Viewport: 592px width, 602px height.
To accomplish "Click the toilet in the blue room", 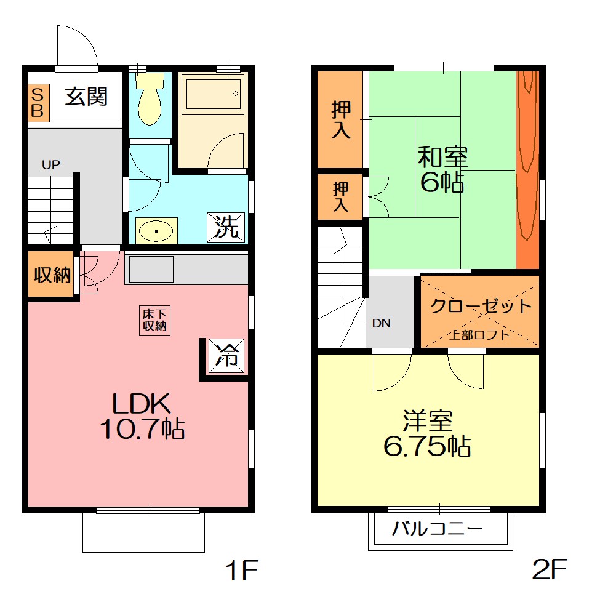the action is [150, 98].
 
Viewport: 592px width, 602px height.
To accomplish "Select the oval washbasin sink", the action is [156, 231].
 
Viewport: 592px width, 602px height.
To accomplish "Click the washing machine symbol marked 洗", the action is [226, 227].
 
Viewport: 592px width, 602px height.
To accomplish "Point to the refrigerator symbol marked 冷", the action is [226, 356].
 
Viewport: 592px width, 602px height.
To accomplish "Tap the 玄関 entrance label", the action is [86, 97].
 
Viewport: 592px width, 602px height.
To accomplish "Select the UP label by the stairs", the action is [50, 165].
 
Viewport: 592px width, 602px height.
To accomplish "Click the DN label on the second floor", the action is [381, 324].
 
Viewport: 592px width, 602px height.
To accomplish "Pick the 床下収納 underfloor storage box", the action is [154, 321].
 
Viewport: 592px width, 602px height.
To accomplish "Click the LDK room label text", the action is [142, 404].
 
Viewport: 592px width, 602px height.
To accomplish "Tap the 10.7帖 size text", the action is [142, 429].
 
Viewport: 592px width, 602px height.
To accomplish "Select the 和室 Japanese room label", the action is [442, 156].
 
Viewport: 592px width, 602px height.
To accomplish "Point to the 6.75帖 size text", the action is [427, 446].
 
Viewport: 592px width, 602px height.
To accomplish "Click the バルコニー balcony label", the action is [437, 529].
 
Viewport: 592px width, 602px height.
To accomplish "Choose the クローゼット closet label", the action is [481, 306].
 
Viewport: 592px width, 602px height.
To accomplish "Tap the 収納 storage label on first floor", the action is [52, 275].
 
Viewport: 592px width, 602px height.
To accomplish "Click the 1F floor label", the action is [242, 570].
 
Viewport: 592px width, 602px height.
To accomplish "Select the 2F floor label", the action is [550, 569].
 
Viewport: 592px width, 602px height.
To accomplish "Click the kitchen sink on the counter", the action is [151, 269].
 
